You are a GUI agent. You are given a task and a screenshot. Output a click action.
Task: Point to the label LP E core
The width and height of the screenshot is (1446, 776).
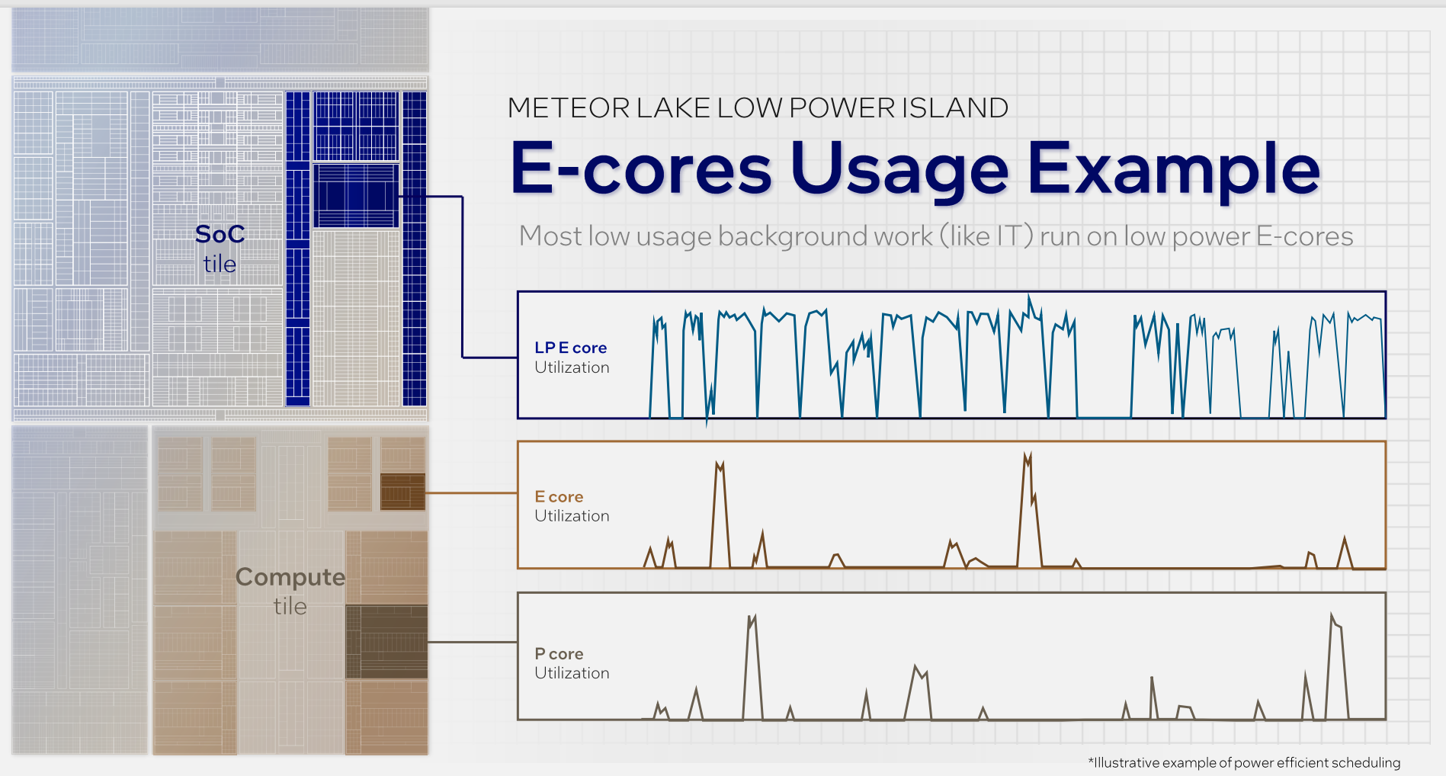click(570, 348)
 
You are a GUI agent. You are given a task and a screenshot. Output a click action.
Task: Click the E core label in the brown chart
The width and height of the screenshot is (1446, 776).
click(559, 497)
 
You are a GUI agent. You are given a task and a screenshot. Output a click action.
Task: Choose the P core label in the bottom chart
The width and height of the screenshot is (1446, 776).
click(559, 654)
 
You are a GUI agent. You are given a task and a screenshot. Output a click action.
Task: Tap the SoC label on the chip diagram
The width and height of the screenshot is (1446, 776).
click(220, 234)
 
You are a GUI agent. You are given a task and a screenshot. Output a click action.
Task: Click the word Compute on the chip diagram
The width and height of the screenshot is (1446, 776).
click(290, 577)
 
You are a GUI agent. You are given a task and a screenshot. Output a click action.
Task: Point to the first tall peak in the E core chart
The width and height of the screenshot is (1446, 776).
click(719, 463)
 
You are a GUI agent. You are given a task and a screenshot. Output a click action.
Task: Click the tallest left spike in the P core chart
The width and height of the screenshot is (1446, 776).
click(752, 617)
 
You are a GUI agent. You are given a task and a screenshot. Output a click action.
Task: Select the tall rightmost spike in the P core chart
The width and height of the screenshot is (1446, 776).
click(1332, 616)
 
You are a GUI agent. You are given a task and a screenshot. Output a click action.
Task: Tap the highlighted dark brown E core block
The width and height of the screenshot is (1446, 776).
click(402, 492)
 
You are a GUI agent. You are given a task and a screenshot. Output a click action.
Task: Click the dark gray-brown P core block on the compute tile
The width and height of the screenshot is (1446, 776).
click(386, 642)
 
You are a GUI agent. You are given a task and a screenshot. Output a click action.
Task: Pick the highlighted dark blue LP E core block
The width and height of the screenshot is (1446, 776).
click(356, 195)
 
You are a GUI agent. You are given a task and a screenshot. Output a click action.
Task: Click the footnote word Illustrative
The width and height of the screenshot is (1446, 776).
click(1127, 762)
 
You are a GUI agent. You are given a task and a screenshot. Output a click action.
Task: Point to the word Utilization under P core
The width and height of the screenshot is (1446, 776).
click(572, 673)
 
